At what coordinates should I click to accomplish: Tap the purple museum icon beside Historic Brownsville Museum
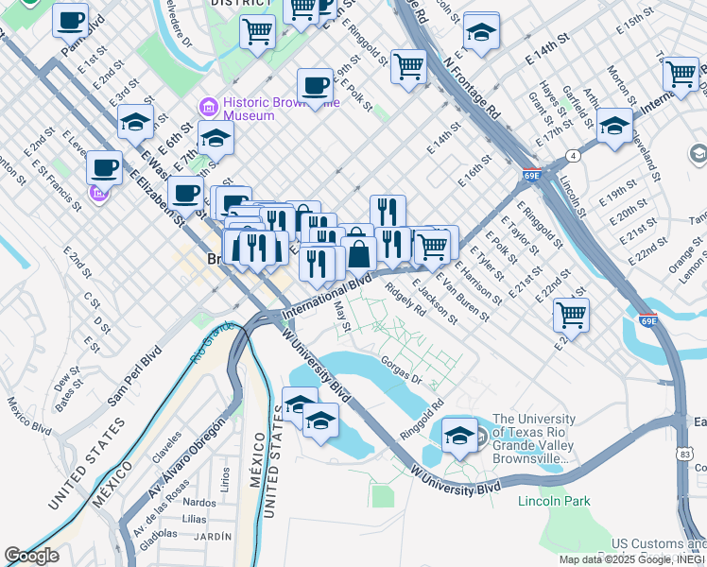tap(206, 105)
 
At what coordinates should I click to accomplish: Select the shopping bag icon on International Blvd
tap(359, 253)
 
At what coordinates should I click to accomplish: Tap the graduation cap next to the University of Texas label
tap(459, 435)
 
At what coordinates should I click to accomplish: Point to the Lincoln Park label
tap(555, 501)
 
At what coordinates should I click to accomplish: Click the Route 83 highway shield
tap(683, 455)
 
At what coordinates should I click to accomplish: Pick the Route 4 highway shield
tap(573, 155)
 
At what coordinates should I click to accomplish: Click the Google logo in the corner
tap(31, 556)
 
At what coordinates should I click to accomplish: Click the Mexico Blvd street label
tap(29, 415)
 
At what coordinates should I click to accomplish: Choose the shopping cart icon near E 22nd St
tap(571, 314)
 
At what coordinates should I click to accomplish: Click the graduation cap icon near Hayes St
tap(614, 126)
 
